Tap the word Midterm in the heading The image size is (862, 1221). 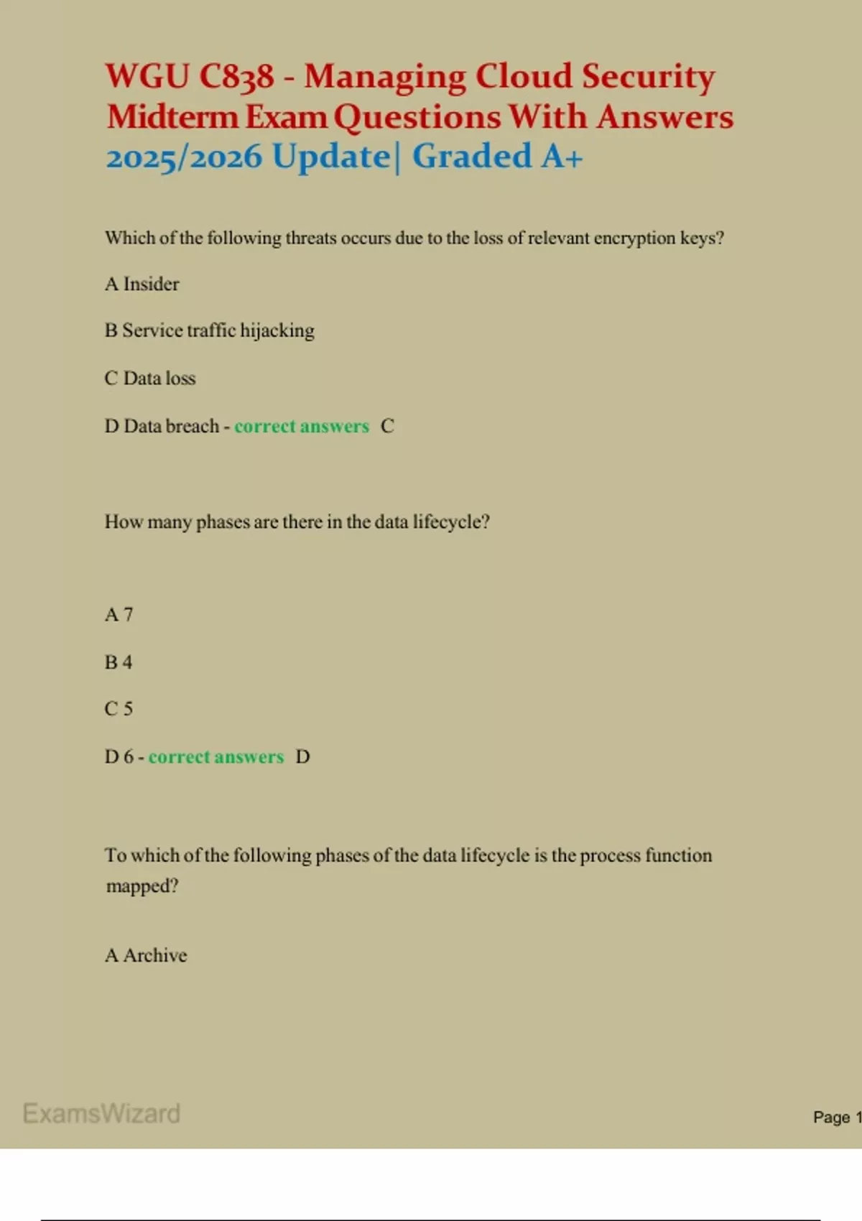pos(172,117)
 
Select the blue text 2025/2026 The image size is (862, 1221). pos(184,157)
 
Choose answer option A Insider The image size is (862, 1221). pos(142,284)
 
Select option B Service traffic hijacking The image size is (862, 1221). pos(210,330)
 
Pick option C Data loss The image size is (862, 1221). pos(150,379)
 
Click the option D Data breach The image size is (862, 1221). pos(162,427)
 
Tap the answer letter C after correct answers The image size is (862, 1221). pos(387,427)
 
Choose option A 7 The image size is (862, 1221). pos(119,615)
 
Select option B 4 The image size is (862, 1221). pos(119,662)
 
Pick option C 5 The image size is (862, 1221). pos(119,709)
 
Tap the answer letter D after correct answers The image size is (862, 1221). pos(303,757)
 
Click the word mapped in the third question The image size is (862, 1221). pos(142,886)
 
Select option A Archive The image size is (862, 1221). pos(146,955)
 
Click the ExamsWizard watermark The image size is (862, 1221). pos(101,1113)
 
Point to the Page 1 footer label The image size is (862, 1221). pos(836,1117)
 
